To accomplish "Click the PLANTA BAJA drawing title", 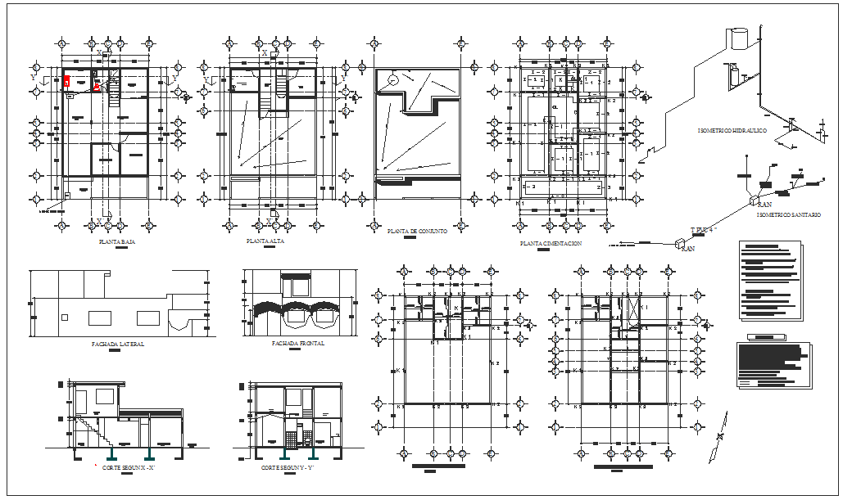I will pyautogui.click(x=117, y=243).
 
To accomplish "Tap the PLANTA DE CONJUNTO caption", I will pyautogui.click(x=417, y=232).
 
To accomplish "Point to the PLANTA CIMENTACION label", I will pyautogui.click(x=551, y=244).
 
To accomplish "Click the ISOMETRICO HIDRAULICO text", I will pyautogui.click(x=732, y=131).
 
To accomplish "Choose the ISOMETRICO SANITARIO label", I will pyautogui.click(x=788, y=214).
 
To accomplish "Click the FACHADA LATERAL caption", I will pyautogui.click(x=118, y=345).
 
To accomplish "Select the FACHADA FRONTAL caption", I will pyautogui.click(x=297, y=344).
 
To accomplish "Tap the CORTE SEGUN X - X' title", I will pyautogui.click(x=129, y=467).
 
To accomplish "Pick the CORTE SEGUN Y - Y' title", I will pyautogui.click(x=288, y=467).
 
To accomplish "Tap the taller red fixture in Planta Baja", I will pyautogui.click(x=66, y=81).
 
